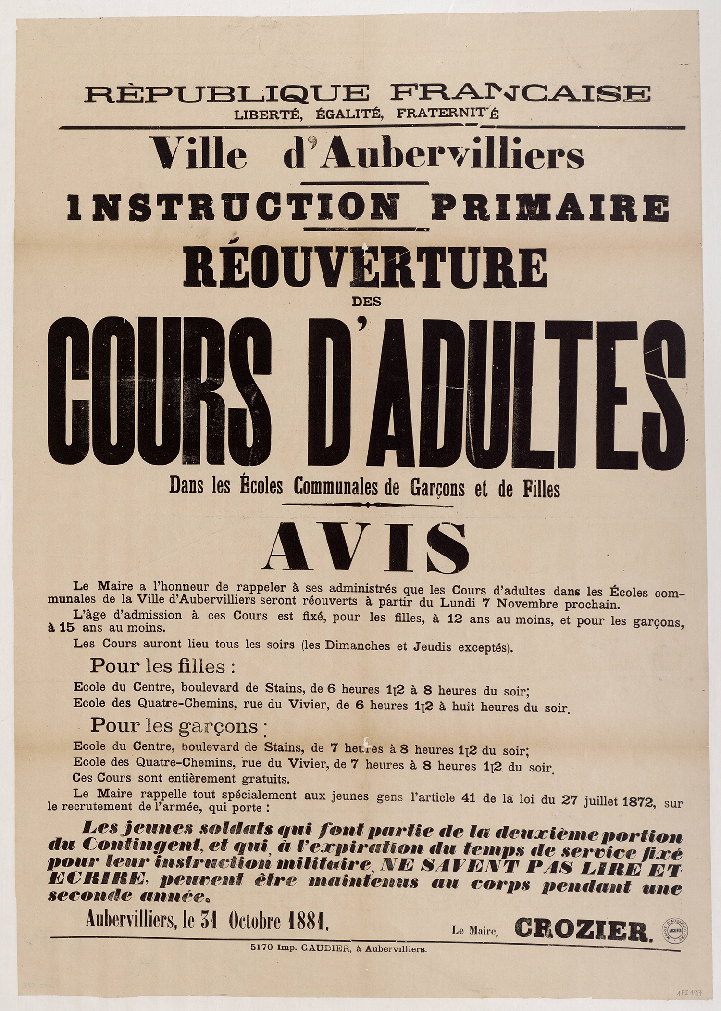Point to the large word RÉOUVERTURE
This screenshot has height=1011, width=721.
pos(365,267)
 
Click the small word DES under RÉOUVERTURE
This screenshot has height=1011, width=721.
pos(366,302)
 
